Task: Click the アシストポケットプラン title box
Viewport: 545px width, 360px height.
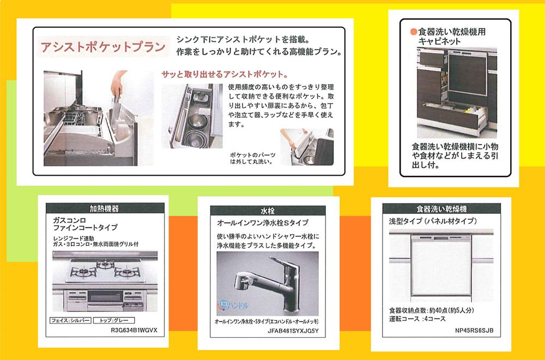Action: click(102, 47)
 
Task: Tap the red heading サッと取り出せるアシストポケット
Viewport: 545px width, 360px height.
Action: click(225, 74)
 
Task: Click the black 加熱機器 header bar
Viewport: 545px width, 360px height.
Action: click(104, 208)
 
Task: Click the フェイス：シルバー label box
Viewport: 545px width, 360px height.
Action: click(69, 320)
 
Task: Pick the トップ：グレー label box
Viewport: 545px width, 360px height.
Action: click(113, 320)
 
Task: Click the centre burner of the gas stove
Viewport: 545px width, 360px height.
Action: click(104, 266)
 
